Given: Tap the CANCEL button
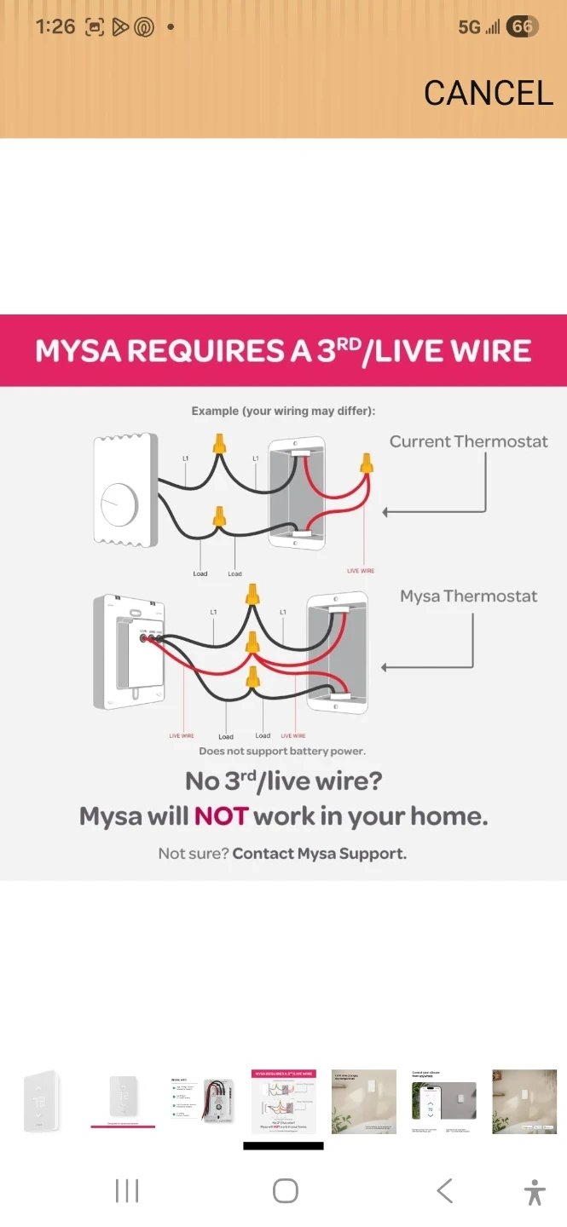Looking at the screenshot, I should pos(489,93).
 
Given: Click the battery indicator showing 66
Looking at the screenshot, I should pos(522,27).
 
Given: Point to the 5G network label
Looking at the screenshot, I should pos(469,27).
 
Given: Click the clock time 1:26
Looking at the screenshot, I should pos(55,26).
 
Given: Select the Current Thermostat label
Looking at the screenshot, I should pos(468,441).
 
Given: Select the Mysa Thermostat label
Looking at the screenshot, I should pos(468,596).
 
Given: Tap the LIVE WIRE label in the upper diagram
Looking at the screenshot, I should pos(360,571).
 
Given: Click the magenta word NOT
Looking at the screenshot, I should pos(221,816).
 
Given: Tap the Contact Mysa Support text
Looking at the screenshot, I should pos(319,853).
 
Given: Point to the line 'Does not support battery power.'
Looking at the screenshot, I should pos(282,752).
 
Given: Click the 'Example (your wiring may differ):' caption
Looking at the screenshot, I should pos(283,411).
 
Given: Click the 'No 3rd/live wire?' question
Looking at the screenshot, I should pos(283,781).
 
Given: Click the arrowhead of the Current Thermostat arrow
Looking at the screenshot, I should pos(386,512).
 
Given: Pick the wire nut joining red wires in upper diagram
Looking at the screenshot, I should pos(367,464).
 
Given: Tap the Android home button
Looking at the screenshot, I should pos(285,1191).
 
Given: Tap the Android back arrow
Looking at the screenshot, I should pos(444,1191).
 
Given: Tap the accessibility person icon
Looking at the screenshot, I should pos(535,1191).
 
